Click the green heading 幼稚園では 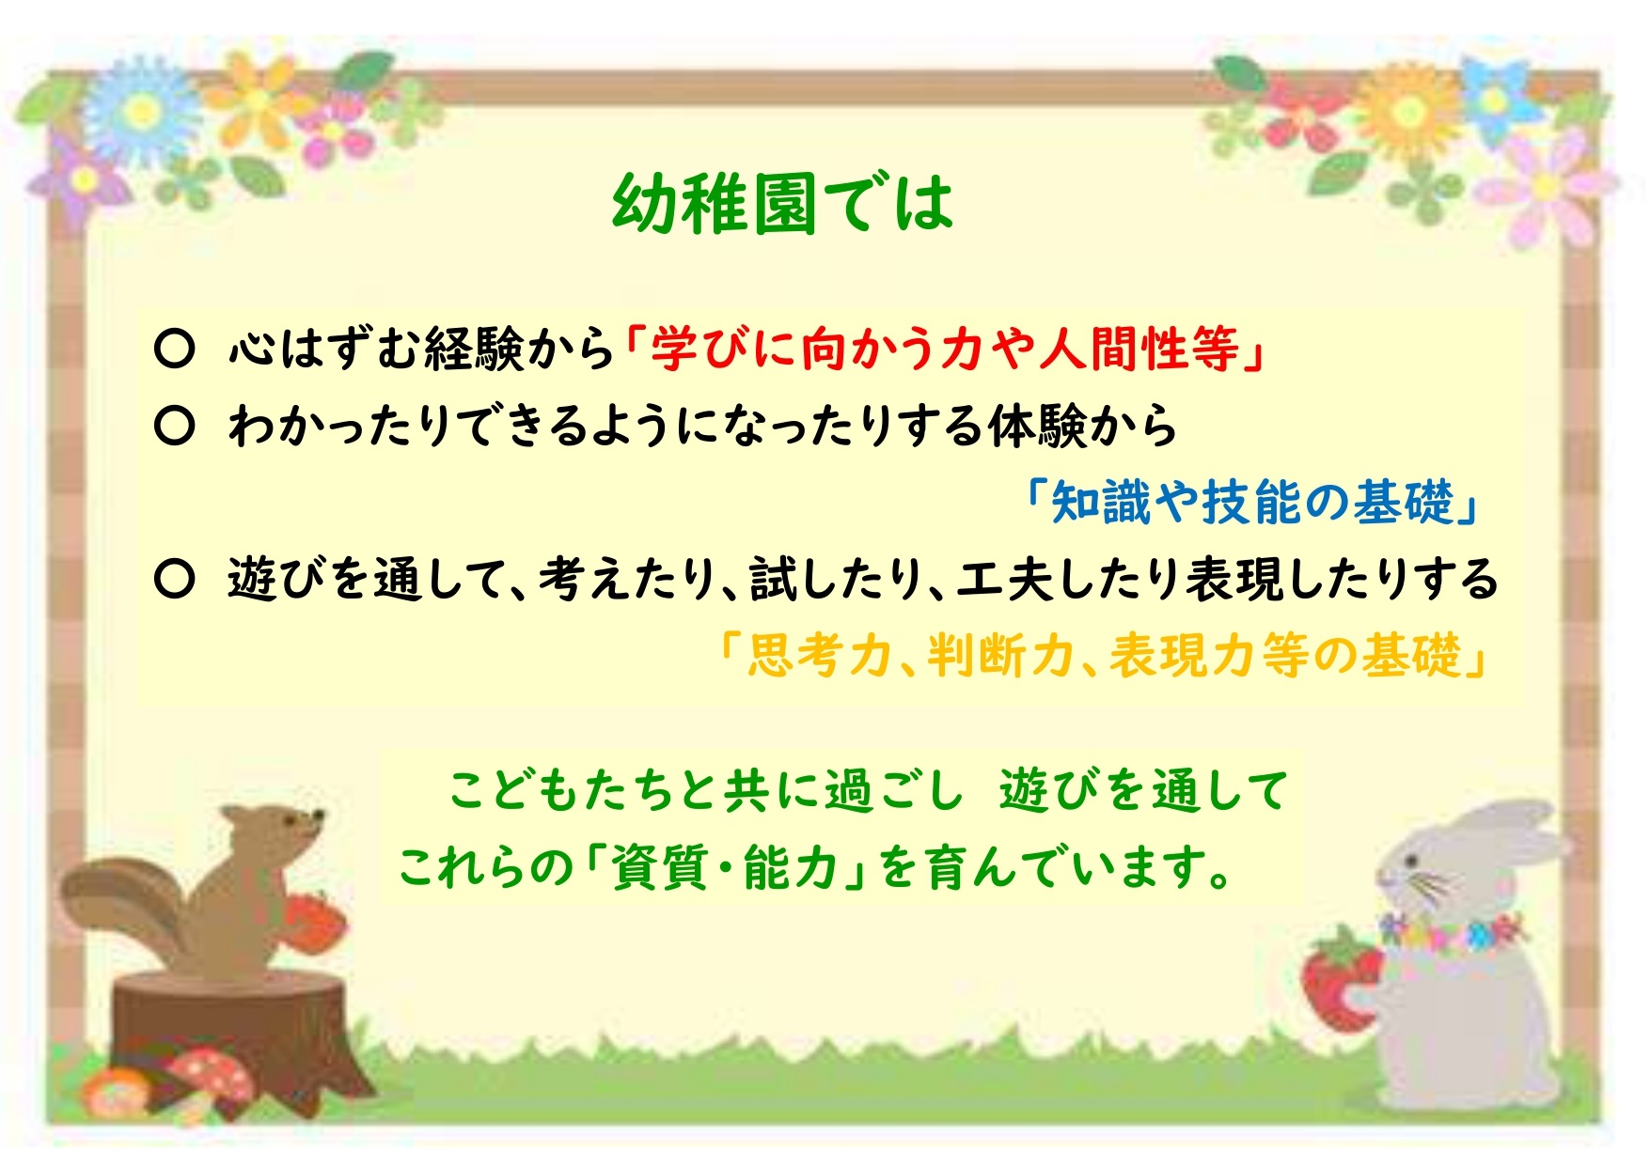782,203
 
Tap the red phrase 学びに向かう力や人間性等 945,349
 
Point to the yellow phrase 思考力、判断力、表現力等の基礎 1104,654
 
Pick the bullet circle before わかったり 174,426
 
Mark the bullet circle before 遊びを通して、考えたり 174,579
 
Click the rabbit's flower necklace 1453,932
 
